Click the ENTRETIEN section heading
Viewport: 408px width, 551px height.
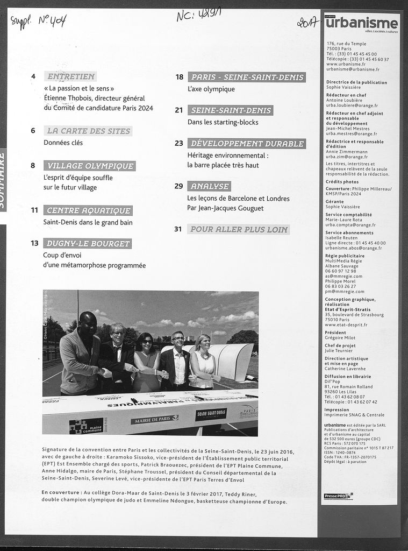pos(71,76)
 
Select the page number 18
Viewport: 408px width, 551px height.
pos(180,77)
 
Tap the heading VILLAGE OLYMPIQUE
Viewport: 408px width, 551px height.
pos(90,166)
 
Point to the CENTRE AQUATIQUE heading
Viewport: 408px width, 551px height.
pos(88,210)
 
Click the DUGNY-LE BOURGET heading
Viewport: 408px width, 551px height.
pos(88,244)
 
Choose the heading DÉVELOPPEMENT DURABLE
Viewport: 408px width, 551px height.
pos(247,144)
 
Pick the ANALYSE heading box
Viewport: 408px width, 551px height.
pos(209,187)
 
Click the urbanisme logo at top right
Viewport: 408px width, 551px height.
pos(361,23)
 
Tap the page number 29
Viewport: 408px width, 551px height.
pos(179,186)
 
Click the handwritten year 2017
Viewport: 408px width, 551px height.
pos(307,22)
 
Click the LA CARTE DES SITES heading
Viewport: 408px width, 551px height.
pos(88,131)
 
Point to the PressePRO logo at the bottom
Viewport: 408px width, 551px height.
pos(338,496)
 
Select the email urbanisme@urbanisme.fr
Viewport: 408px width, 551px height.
pos(353,69)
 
